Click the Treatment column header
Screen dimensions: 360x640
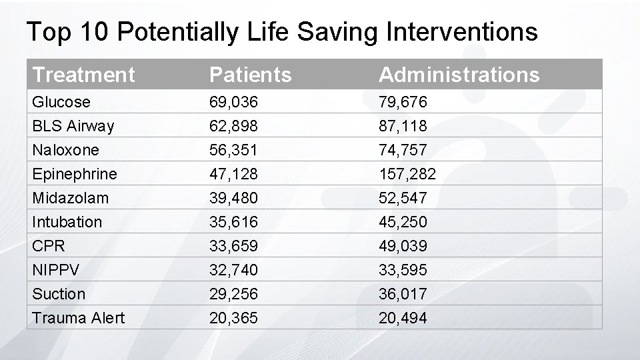pos(83,75)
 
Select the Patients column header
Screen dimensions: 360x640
pos(250,75)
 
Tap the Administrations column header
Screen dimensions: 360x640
pos(459,75)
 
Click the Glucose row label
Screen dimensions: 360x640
pos(61,102)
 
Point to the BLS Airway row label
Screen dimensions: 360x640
pos(73,126)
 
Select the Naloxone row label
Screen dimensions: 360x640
pos(65,150)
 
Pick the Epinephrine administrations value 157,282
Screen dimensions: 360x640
pos(407,174)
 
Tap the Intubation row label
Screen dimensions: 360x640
pos(67,222)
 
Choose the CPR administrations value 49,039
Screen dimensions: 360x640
pos(403,246)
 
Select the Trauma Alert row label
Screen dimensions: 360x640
pos(78,318)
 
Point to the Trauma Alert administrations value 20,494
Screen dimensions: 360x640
pos(403,318)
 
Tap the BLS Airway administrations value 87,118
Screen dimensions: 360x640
pos(403,126)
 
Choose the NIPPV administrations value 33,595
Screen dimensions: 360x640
pos(403,270)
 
